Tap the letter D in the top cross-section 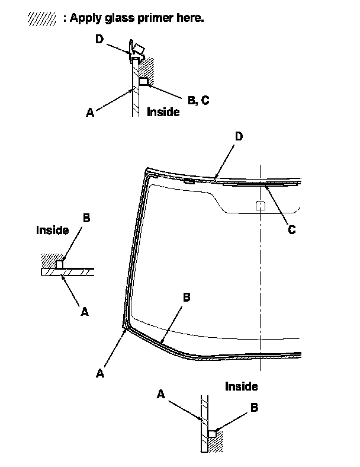99,39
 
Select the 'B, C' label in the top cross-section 198,101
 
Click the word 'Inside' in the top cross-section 163,111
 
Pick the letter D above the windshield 239,137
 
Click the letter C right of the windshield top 291,229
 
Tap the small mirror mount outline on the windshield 259,205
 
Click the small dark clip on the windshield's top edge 189,180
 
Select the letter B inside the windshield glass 186,298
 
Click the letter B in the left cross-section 86,217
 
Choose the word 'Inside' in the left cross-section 52,230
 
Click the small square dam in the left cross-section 59,264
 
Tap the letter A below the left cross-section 85,311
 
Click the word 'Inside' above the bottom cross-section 242,386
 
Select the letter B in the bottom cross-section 253,408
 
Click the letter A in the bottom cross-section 161,394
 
